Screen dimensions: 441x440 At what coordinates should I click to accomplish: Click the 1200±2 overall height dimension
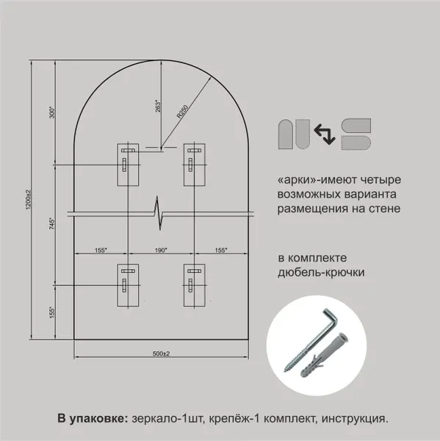pyautogui.click(x=28, y=201)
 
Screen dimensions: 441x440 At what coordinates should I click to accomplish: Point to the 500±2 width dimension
pyautogui.click(x=162, y=354)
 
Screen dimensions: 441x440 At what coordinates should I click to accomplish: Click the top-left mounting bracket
pyautogui.click(x=127, y=163)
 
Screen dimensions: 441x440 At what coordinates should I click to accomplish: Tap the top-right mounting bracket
pyautogui.click(x=194, y=163)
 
